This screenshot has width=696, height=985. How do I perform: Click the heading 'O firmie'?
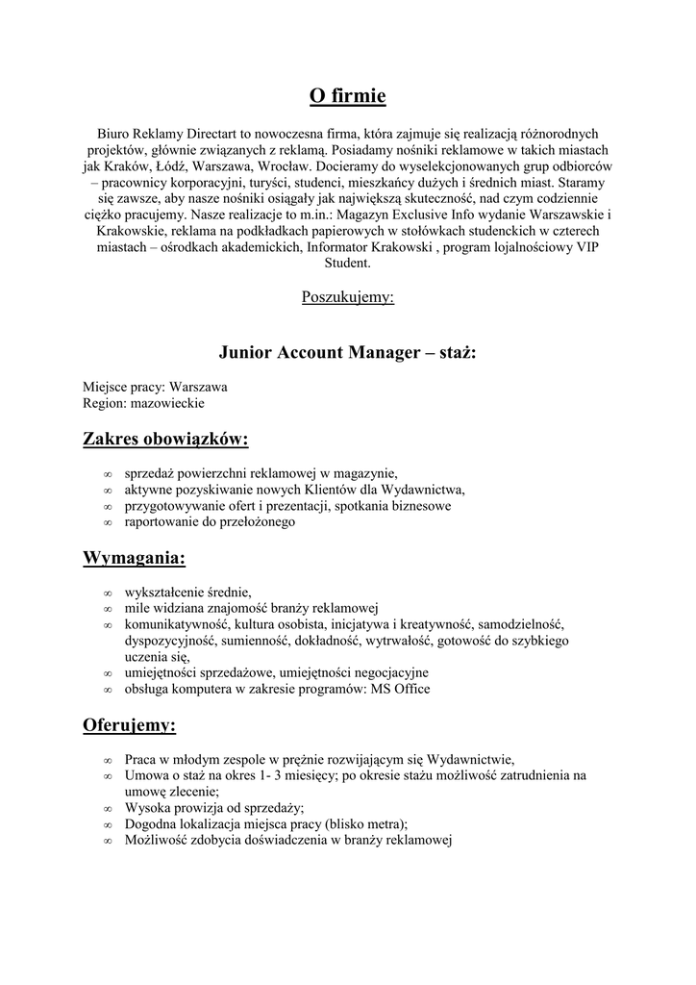point(347,95)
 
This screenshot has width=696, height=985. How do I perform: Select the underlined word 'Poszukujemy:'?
point(347,297)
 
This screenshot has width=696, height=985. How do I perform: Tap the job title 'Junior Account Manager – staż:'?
point(347,352)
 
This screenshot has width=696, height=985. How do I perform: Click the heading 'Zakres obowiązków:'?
point(165,440)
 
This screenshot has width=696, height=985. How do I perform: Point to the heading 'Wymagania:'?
point(135,558)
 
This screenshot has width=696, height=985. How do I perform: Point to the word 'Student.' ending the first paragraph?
point(347,263)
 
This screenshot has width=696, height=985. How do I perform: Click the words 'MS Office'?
point(400,689)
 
